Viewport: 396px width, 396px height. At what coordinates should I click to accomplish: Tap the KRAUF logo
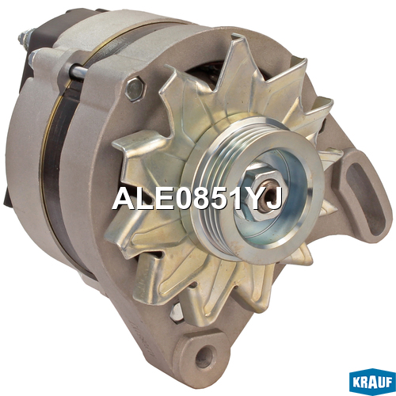372,382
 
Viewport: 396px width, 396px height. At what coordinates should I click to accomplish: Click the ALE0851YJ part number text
197,198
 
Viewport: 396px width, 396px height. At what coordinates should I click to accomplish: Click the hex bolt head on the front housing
135,89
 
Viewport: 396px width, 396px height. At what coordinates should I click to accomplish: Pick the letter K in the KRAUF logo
357,383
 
